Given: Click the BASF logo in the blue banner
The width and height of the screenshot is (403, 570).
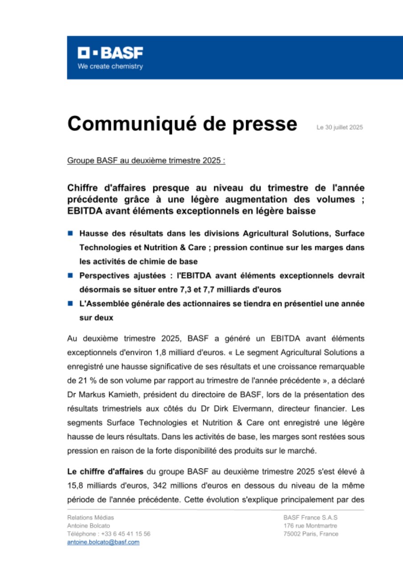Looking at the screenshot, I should (110, 53).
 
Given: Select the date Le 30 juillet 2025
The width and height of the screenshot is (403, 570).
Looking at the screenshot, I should (339, 127).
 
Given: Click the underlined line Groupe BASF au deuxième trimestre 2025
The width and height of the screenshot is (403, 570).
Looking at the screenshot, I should (146, 161).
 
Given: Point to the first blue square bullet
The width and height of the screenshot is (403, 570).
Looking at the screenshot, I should (70, 233).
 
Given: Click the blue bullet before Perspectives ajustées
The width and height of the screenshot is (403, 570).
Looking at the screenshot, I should (70, 276).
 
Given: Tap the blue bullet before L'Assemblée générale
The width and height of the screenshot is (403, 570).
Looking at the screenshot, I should (70, 304).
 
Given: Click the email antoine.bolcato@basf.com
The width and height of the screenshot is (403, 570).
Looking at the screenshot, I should (103, 542).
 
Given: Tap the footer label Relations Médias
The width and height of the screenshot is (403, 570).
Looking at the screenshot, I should (90, 517).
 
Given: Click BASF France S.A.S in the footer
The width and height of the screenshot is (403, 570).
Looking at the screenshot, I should (310, 517).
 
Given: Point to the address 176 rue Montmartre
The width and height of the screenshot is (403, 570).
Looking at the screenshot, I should (310, 526).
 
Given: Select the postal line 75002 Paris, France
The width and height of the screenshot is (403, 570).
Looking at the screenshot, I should (310, 534).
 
